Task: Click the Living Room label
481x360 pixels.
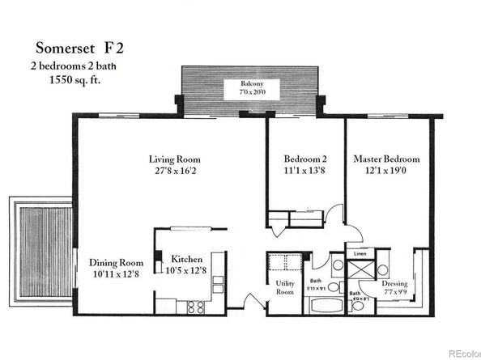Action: (x=174, y=159)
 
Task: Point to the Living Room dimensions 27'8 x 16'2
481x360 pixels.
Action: (x=174, y=172)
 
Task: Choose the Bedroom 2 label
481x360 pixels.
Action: (x=305, y=159)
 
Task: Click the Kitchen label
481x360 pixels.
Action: (x=187, y=260)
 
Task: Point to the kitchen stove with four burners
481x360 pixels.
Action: (x=195, y=307)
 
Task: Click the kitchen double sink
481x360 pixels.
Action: (x=217, y=284)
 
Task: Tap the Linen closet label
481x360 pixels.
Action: (x=360, y=253)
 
